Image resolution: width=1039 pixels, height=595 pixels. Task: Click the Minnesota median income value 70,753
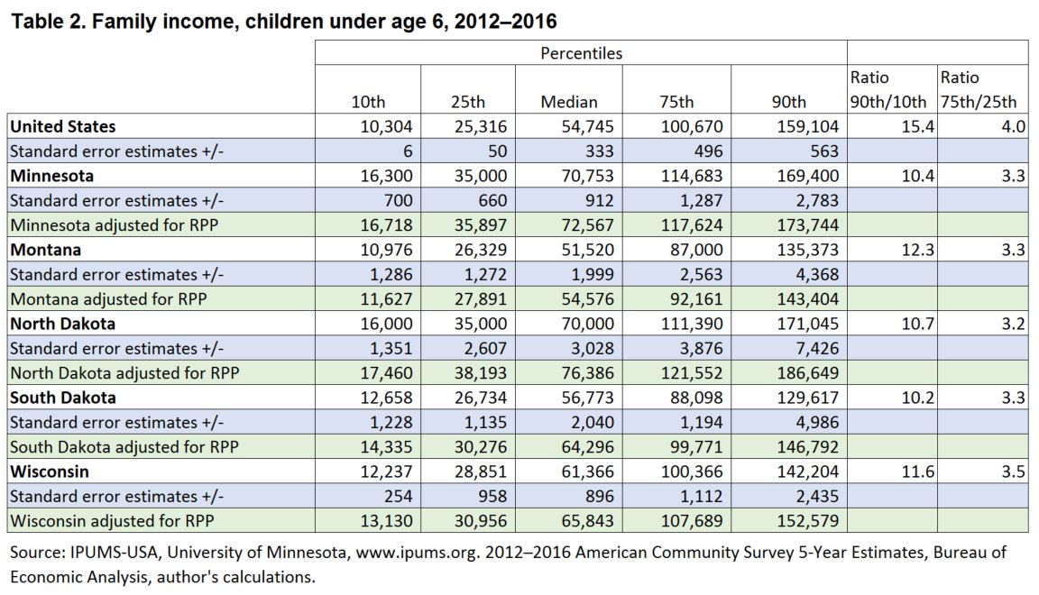coord(588,176)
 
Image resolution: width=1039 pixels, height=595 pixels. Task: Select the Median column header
coord(568,101)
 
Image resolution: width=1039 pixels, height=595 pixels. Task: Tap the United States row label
coord(63,126)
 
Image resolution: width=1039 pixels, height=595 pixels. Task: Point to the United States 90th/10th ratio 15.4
coord(918,126)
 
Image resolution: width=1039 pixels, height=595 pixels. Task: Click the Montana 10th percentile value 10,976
coord(386,250)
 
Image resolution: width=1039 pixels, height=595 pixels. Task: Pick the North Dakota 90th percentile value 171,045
coord(808,324)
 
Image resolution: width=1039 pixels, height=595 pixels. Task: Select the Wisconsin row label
coord(50,471)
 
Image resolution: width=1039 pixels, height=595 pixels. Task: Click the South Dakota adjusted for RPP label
coord(124,447)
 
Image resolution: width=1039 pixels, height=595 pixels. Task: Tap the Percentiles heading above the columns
coord(581,53)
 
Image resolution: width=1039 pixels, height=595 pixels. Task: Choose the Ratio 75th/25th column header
coord(978,89)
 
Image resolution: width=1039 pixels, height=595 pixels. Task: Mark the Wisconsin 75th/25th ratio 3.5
coord(1013,471)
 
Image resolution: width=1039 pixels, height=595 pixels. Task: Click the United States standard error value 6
coord(408,151)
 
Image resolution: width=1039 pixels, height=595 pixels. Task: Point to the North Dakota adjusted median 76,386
coord(588,373)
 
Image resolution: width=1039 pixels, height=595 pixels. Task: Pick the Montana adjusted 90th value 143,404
coord(808,299)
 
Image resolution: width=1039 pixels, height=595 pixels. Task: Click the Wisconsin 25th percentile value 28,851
coord(481,471)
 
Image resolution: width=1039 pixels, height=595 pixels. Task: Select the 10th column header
coord(368,101)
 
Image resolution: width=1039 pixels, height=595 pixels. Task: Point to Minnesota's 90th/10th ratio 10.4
coord(918,176)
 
